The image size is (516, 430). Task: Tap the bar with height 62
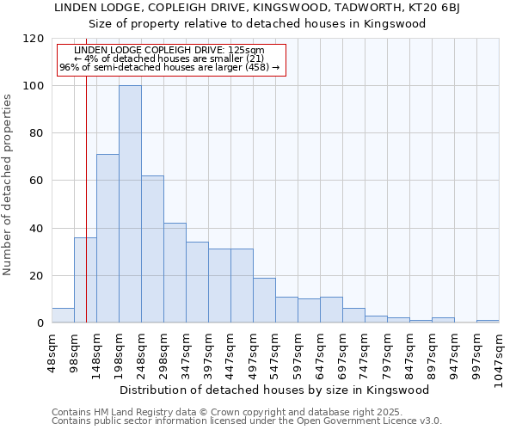(x=152, y=249)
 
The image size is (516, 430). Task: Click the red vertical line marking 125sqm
(x=86, y=215)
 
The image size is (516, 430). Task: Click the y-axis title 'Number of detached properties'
(x=8, y=185)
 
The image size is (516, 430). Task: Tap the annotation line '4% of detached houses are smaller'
(x=169, y=58)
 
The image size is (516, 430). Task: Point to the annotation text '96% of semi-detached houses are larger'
(x=169, y=67)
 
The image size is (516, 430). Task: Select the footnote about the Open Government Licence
(x=247, y=421)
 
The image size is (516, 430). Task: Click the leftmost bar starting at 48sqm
(x=63, y=316)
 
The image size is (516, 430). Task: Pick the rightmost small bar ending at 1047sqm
(x=488, y=322)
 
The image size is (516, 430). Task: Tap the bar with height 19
(x=264, y=300)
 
